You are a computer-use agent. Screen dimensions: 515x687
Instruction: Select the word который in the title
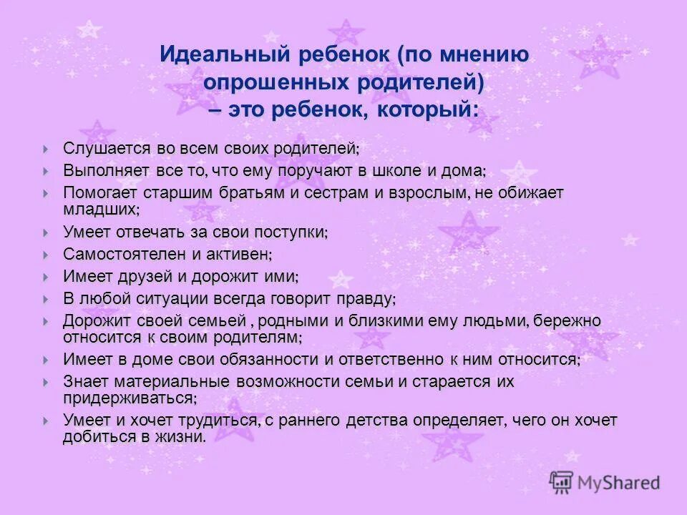tap(432, 110)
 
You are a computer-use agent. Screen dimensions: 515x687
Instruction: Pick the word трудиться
tap(222, 421)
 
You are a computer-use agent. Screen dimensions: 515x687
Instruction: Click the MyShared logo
tap(605, 482)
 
